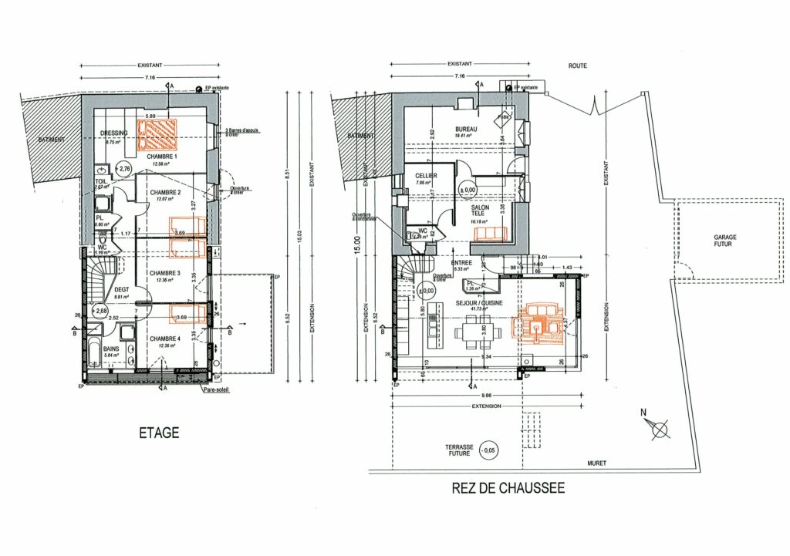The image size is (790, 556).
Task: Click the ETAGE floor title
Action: coord(159,433)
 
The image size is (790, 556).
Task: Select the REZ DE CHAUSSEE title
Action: coord(508,488)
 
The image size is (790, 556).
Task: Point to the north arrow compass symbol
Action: coord(657,426)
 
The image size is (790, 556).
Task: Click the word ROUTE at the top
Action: coord(578,66)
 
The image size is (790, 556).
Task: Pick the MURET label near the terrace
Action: coord(596,463)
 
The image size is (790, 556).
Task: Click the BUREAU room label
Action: coord(466,129)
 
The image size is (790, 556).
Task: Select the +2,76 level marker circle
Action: coord(123,167)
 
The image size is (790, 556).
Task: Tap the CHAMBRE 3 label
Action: coord(165,273)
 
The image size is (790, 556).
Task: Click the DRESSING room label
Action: coord(113,133)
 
